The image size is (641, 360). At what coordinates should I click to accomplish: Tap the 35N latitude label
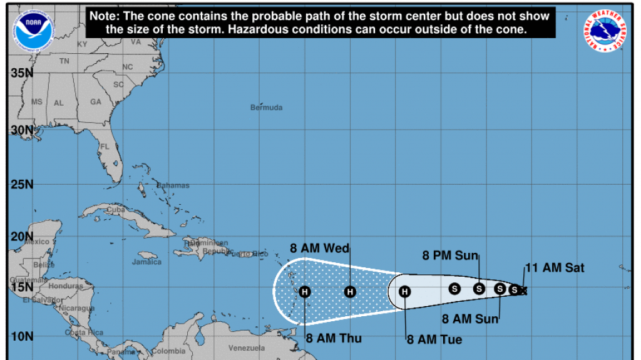21,73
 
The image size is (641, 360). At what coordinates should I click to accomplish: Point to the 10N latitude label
21,336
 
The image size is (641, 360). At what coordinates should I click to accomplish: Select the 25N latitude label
21,185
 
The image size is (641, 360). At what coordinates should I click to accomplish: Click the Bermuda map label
267,108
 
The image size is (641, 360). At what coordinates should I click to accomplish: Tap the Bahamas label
173,185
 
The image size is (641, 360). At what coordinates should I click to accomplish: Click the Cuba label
115,210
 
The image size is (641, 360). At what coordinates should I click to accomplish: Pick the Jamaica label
146,262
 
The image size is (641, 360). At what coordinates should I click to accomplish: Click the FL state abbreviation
105,147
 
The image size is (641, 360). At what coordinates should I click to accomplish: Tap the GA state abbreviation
95,102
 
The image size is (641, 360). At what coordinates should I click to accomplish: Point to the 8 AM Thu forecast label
334,339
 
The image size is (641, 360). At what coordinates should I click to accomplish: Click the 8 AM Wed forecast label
319,248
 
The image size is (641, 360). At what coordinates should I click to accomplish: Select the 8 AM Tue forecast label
434,339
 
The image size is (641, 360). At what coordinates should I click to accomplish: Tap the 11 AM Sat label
555,268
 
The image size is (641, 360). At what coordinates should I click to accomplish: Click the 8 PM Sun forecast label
451,255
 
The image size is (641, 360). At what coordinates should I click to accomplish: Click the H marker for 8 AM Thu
305,291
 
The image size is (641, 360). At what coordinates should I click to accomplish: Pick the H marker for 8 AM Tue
405,291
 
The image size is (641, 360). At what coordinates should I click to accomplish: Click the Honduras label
65,286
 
